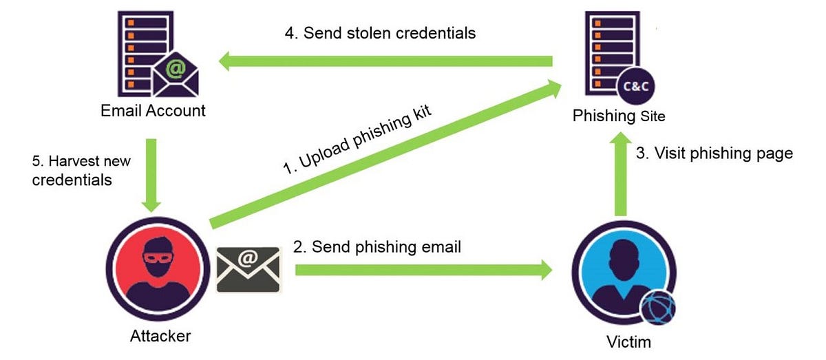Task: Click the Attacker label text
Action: coord(160,336)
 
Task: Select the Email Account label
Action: coord(153,110)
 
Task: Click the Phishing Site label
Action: coord(619,116)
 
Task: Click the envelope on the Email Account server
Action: coord(176,74)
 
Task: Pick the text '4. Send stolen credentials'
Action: coord(380,32)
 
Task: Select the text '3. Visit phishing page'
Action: coord(723,153)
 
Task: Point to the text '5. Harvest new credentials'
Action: coord(81,171)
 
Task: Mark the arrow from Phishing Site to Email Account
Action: coord(385,62)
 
